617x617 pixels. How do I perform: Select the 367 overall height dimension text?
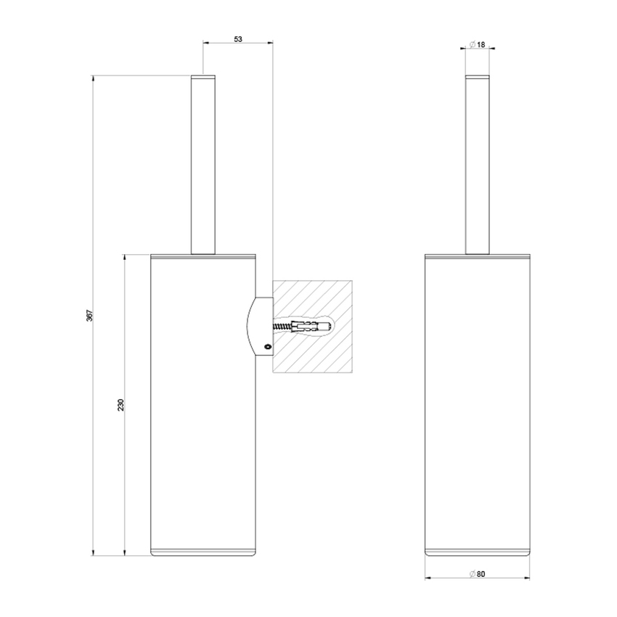[89, 316]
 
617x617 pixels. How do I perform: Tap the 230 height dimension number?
[120, 404]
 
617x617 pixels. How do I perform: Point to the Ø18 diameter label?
[477, 44]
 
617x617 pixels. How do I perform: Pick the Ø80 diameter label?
[477, 574]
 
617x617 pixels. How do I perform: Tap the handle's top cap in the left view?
[203, 76]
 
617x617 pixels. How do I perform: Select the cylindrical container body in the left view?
[203, 406]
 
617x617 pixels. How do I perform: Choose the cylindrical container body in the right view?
[477, 406]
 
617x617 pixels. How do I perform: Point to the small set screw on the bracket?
[266, 347]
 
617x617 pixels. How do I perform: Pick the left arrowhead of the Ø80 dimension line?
[428, 579]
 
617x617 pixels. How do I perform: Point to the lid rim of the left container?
[203, 256]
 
